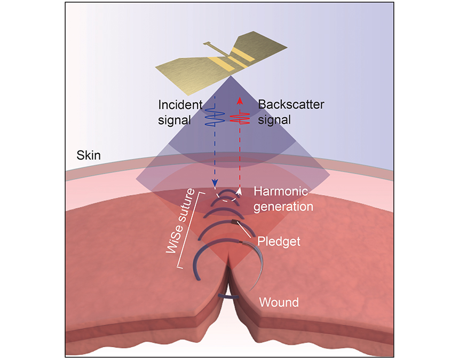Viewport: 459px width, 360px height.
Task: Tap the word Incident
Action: click(177, 104)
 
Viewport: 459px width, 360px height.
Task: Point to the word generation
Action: click(283, 206)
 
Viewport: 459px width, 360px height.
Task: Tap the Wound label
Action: click(279, 303)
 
